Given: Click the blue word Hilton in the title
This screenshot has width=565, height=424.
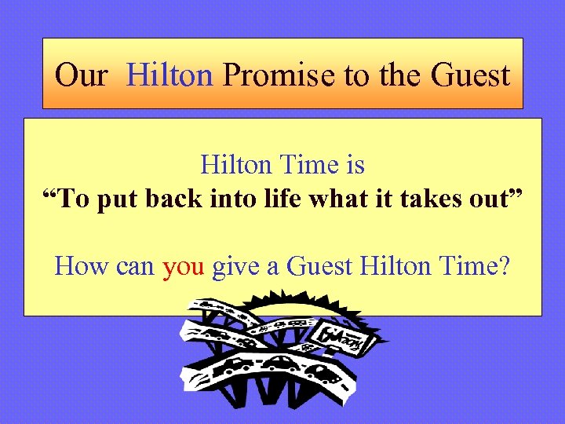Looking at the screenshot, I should tap(169, 75).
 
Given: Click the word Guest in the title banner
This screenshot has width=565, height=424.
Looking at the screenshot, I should tap(470, 75).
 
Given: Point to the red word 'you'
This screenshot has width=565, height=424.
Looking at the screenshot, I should tap(184, 266).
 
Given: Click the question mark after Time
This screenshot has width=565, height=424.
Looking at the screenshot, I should tap(503, 266).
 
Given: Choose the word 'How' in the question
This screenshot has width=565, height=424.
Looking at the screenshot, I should tap(82, 266).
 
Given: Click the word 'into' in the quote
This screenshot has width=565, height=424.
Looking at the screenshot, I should tap(241, 199).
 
